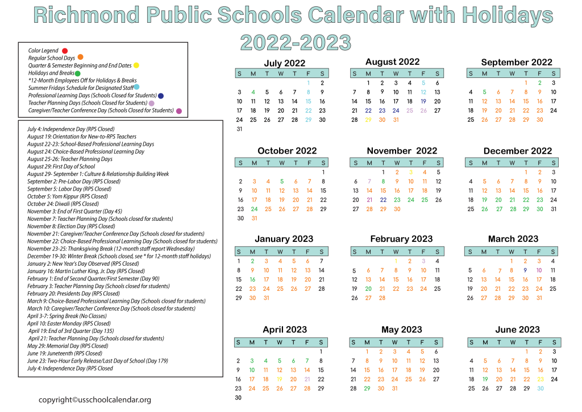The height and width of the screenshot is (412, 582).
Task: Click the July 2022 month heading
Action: (284, 63)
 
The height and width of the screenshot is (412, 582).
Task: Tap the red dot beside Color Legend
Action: (65, 51)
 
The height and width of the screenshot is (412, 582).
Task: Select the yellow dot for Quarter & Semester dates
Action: (136, 65)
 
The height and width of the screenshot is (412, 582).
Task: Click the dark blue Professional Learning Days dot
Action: (161, 96)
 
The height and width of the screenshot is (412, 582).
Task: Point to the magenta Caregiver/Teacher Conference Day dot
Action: (179, 111)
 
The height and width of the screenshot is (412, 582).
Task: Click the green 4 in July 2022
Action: (253, 92)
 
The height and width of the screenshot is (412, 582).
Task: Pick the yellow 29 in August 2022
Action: (368, 120)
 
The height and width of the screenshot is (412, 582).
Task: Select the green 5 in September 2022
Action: (484, 92)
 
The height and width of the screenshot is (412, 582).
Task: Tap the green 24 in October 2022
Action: (253, 209)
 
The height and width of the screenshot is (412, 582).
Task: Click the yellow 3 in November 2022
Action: (410, 172)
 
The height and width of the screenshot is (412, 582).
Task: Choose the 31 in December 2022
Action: (553, 209)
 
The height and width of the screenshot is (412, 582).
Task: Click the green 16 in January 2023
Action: (252, 279)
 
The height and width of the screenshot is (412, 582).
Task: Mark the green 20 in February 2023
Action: (368, 289)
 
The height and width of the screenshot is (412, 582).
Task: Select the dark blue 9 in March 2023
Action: (525, 270)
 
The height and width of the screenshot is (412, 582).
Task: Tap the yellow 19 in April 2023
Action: (279, 379)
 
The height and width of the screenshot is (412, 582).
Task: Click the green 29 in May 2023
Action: (367, 388)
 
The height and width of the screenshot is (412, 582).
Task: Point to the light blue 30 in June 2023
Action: (540, 388)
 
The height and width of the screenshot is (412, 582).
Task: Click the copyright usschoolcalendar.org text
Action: (95, 399)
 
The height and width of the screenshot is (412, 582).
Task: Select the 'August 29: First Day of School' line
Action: (61, 167)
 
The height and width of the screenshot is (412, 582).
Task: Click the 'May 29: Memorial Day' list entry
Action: (68, 346)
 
